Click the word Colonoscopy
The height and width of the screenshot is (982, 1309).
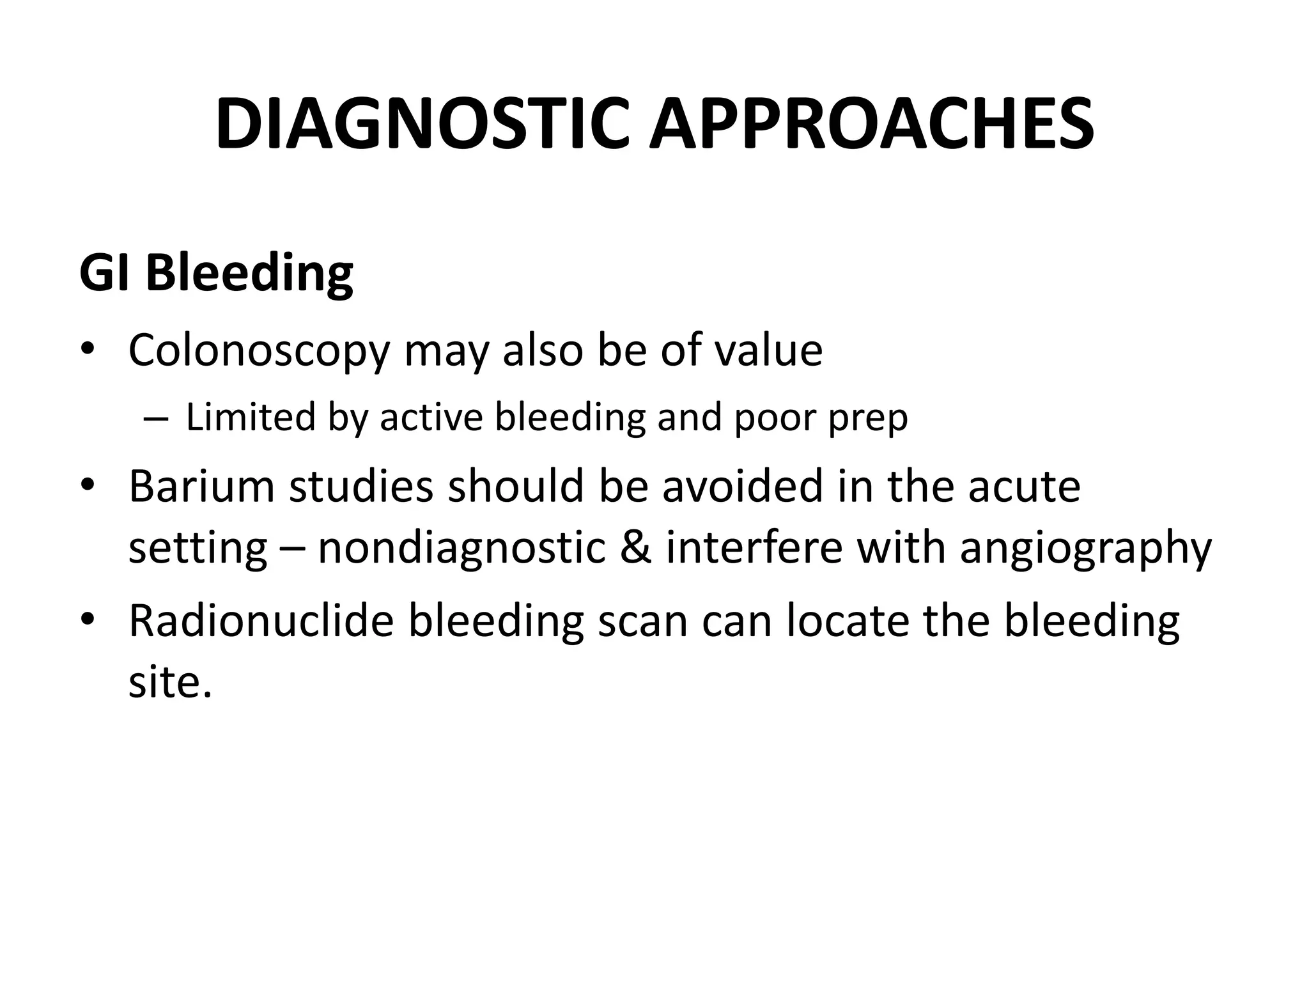point(259,351)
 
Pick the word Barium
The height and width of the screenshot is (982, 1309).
point(201,486)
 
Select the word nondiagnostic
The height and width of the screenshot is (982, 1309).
point(461,549)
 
